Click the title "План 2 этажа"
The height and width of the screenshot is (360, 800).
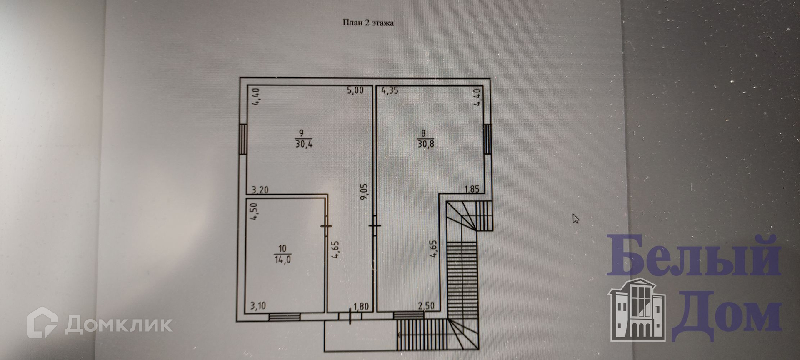368,23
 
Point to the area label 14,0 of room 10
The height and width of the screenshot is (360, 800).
282,259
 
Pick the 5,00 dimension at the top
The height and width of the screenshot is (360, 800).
355,90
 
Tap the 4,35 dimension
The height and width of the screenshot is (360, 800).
390,90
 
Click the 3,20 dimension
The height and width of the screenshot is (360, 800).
260,190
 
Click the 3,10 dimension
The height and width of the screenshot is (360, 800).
258,306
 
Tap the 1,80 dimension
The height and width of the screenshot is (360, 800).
361,307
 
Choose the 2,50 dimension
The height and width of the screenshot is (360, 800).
426,306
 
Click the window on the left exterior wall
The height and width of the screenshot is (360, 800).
244,139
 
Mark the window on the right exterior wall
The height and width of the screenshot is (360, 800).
487,139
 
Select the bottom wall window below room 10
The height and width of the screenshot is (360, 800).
284,317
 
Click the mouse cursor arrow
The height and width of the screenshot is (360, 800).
576,218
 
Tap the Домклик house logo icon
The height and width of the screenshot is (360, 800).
42,322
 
